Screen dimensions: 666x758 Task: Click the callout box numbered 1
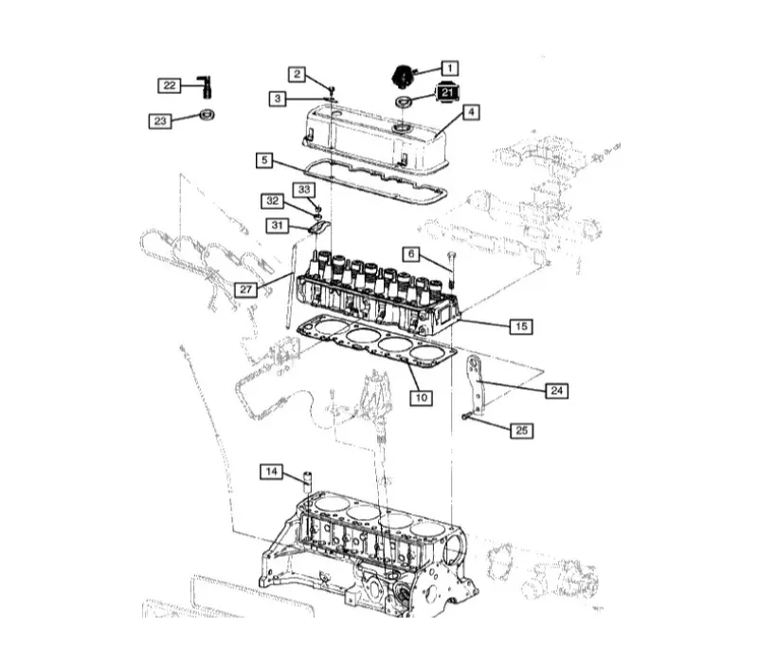pyautogui.click(x=447, y=68)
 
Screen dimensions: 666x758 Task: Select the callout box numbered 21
pyautogui.click(x=447, y=92)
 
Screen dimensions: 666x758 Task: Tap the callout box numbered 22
pyautogui.click(x=170, y=85)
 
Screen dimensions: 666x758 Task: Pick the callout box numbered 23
pyautogui.click(x=160, y=120)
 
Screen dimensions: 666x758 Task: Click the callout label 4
pyautogui.click(x=471, y=112)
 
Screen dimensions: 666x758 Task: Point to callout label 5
pyautogui.click(x=265, y=160)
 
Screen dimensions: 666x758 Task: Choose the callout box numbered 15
pyautogui.click(x=521, y=326)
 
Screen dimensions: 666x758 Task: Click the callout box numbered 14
pyautogui.click(x=272, y=472)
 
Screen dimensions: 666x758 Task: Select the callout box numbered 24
pyautogui.click(x=557, y=390)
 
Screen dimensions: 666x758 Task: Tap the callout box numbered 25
pyautogui.click(x=522, y=430)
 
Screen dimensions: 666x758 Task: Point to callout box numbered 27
pyautogui.click(x=246, y=289)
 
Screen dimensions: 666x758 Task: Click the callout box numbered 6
pyautogui.click(x=411, y=254)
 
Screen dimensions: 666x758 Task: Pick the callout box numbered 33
pyautogui.click(x=304, y=190)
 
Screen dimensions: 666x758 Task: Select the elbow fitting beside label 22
pyautogui.click(x=205, y=86)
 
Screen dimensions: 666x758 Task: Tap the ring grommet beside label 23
pyautogui.click(x=206, y=116)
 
